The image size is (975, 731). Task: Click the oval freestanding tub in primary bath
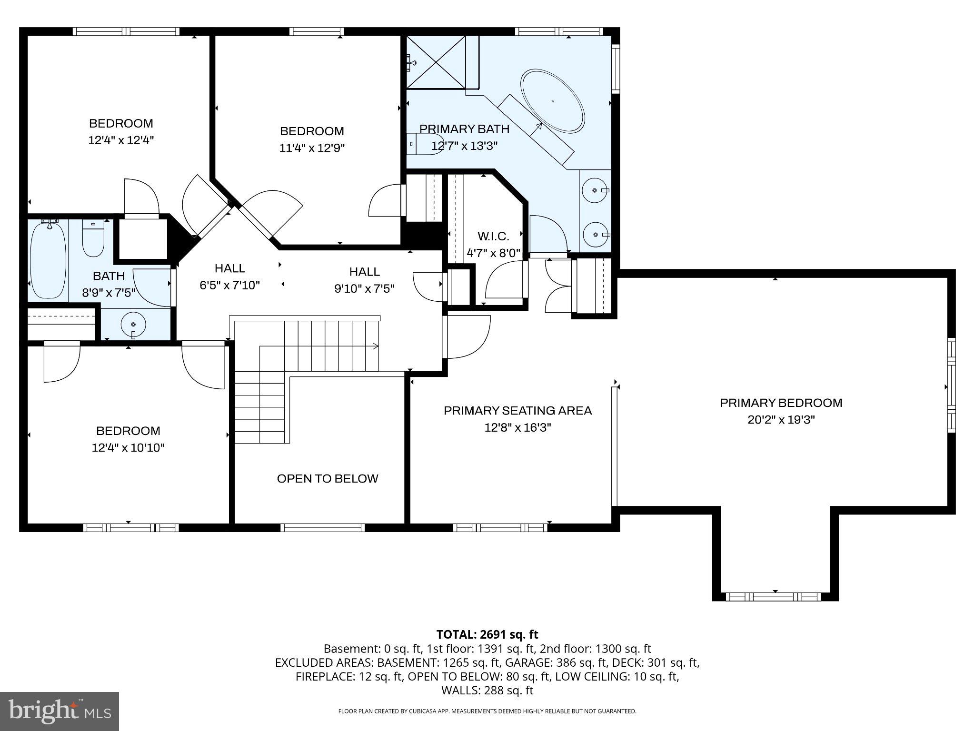pos(553,101)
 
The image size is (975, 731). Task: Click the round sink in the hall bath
pos(134,325)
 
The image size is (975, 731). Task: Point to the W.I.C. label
pos(493,236)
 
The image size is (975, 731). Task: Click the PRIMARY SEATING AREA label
pos(517,410)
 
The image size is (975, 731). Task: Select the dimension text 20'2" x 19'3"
pos(781,420)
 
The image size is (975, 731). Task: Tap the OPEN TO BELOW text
pos(328,478)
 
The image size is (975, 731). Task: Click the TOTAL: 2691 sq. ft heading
pos(487,634)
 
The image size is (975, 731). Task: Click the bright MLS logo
pos(60,711)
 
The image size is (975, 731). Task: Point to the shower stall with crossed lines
pos(436,62)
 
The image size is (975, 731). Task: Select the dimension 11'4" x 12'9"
pos(312,148)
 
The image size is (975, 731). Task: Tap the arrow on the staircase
pos(375,346)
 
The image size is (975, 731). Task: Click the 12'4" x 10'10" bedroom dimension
pos(128,447)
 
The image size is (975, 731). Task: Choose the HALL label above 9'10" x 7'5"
pos(364,272)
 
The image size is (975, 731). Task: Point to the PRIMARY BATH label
pos(464,129)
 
